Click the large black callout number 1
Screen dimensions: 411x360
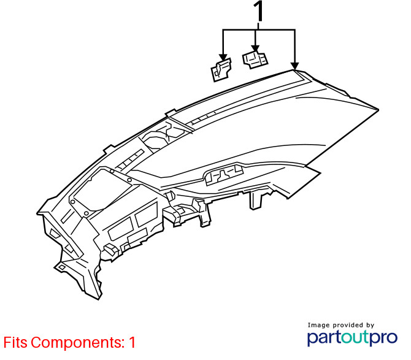[x=258, y=11]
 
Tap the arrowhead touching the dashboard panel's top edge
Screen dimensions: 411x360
[x=295, y=66]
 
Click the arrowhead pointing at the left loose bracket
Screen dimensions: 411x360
[x=223, y=58]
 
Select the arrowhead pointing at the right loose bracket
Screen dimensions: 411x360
[x=255, y=48]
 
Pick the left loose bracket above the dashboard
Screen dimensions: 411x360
[x=221, y=70]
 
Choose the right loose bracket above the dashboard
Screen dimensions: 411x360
[x=255, y=60]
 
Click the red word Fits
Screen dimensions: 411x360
[x=15, y=342]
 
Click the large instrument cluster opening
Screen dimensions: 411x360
[x=101, y=190]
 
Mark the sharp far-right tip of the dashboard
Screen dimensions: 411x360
[x=378, y=110]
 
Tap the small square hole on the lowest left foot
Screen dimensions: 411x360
[x=62, y=267]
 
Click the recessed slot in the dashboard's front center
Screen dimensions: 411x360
[x=225, y=174]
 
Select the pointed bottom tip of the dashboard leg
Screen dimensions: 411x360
[x=99, y=299]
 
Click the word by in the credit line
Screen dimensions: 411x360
[x=370, y=326]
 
